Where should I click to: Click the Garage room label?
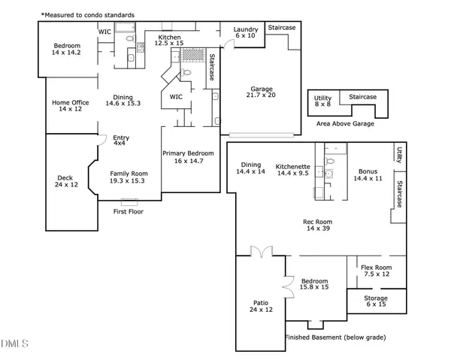261,91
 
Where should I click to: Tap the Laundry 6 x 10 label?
246,32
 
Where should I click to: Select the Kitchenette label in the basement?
292,169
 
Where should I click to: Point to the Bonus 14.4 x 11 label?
368,174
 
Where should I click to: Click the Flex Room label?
376,271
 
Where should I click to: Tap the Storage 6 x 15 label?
376,301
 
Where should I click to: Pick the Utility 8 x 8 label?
322,102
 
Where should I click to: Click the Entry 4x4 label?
120,141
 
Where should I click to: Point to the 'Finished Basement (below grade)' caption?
336,338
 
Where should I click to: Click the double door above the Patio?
261,251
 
